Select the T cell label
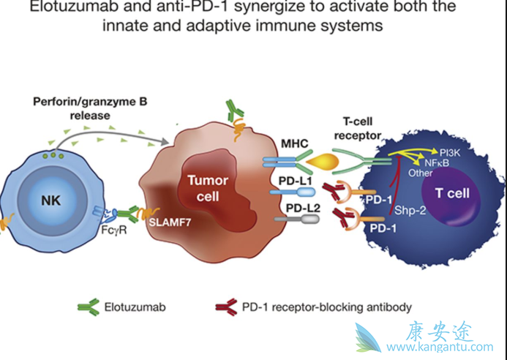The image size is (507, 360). (451, 194)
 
